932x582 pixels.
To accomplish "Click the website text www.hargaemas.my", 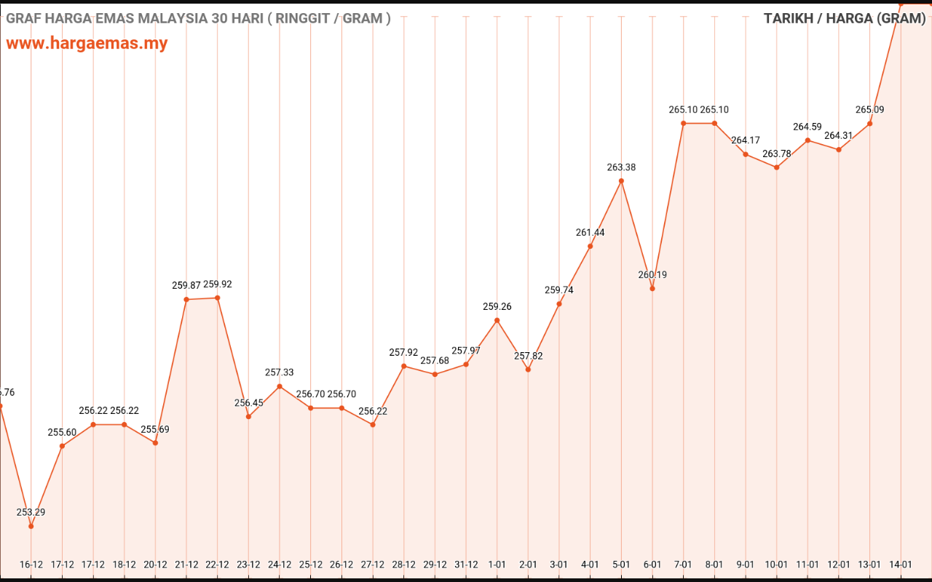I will [x=87, y=43].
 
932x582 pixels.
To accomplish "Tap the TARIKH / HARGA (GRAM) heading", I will [x=844, y=19].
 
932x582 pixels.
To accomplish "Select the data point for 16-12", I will [x=31, y=526].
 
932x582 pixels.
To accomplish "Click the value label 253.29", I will [x=31, y=512].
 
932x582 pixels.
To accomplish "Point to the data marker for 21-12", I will [x=186, y=300].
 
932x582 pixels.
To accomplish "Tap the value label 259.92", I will [x=218, y=284].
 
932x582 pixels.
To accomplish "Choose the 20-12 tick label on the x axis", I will [x=155, y=565].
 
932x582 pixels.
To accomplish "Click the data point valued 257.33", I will [x=280, y=386].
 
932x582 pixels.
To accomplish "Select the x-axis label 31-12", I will [x=466, y=565].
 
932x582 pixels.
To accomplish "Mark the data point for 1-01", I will [x=497, y=320].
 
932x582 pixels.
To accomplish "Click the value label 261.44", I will [x=590, y=233].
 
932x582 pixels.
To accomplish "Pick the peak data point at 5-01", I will [x=621, y=180].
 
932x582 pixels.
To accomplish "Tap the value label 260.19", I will [x=652, y=275].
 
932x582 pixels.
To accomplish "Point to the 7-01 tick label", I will [x=684, y=565].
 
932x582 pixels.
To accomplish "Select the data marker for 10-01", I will [x=777, y=167].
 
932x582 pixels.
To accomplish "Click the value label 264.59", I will [x=807, y=127].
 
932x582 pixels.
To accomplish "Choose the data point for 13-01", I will [x=870, y=124].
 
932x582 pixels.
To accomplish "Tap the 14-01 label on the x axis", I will [x=901, y=565].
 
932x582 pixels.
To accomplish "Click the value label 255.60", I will [x=62, y=432].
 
